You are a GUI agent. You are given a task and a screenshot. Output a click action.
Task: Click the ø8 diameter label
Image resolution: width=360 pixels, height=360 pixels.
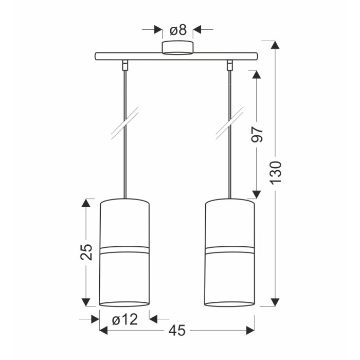178,30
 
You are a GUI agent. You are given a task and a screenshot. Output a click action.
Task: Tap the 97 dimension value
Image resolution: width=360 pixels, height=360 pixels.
257,134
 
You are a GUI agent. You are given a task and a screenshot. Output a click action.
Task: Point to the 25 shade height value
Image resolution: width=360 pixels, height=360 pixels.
86,252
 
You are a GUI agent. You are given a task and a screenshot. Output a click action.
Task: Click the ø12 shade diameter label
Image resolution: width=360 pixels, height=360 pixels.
125,319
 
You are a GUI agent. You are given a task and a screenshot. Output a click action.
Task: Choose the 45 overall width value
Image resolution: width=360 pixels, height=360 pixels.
177,331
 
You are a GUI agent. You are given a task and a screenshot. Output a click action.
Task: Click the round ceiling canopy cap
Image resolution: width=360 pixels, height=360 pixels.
177,48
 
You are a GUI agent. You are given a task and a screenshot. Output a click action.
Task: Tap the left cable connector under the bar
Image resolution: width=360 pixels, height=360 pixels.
125,65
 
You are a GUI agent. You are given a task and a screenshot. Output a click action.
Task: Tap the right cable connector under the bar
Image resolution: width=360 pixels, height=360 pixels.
230,65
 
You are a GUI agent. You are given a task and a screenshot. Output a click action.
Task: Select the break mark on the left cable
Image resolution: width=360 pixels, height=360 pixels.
125,123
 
